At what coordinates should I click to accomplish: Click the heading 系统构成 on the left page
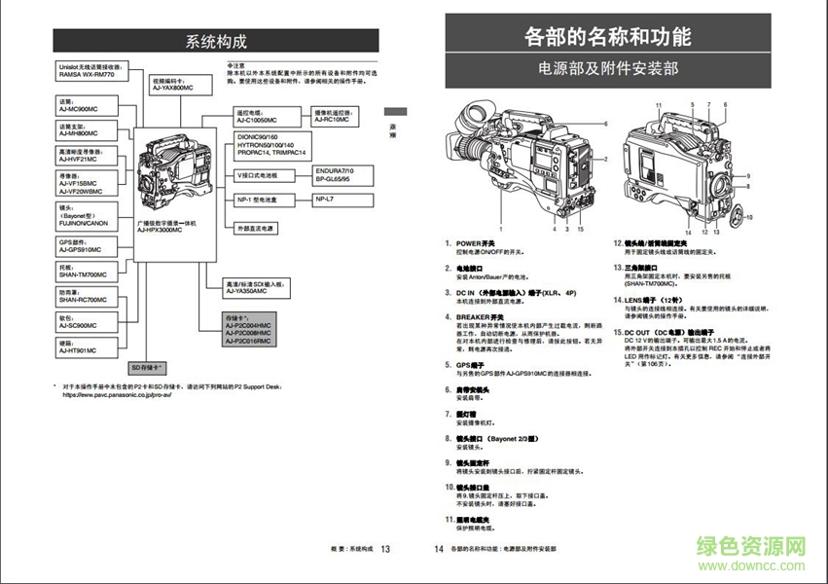216,41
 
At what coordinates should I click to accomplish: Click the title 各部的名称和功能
608,37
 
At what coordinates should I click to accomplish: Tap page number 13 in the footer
385,549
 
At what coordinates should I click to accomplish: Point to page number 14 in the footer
438,549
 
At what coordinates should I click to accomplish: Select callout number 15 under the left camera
580,230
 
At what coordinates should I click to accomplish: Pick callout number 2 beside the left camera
605,158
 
